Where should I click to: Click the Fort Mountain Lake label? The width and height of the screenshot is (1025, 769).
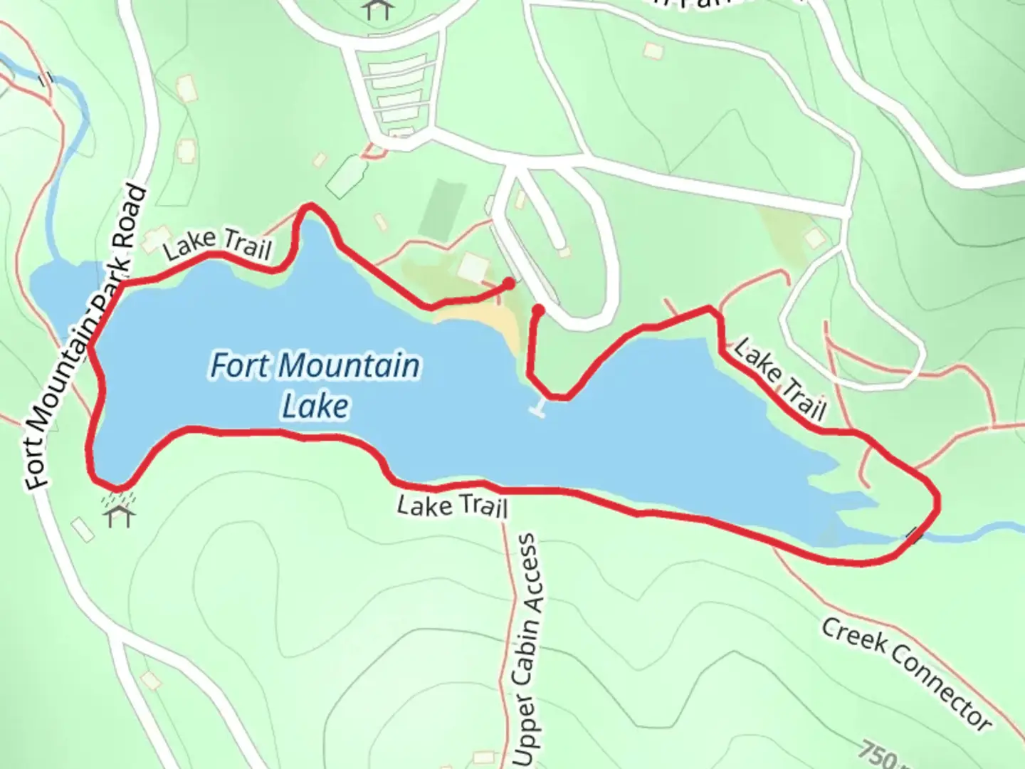(x=315, y=385)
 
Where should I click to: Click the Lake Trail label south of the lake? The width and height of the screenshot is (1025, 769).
(x=452, y=506)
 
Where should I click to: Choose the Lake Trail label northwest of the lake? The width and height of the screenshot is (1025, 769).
(x=217, y=244)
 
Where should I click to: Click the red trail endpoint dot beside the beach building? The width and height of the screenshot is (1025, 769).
(x=508, y=284)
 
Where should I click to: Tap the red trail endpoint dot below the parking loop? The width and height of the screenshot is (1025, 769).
(x=539, y=310)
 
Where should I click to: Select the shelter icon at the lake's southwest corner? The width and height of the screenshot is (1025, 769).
(x=120, y=514)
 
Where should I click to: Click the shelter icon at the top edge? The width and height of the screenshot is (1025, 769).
(x=377, y=9)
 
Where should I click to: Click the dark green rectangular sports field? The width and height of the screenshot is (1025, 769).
(x=443, y=209)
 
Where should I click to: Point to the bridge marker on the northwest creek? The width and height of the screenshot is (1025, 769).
(x=46, y=78)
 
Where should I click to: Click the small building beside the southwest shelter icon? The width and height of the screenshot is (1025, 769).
(x=83, y=529)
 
